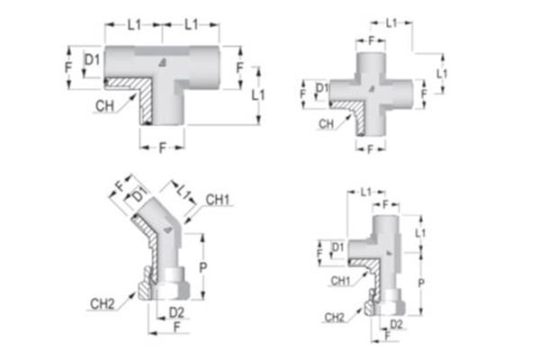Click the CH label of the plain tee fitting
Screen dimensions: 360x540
106,106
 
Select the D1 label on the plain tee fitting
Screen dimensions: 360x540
91,61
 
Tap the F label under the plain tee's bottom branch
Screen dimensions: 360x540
162,147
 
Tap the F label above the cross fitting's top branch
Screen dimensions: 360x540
371,40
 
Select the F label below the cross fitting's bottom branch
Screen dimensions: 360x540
371,149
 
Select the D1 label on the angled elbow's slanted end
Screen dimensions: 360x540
138,194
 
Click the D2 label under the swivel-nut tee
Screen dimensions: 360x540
397,322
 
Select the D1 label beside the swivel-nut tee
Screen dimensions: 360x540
338,247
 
